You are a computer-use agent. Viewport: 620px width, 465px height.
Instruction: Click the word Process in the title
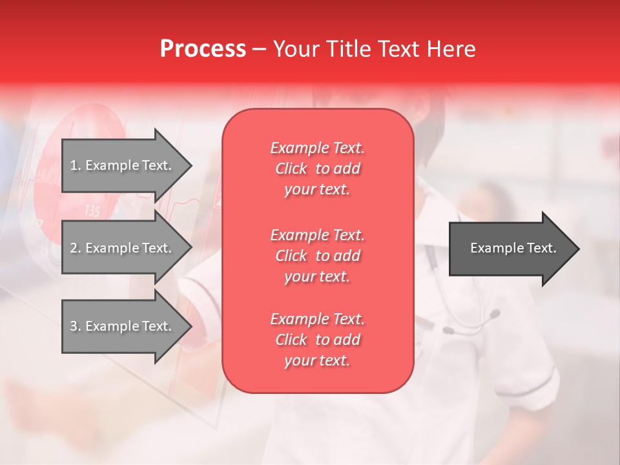(203, 49)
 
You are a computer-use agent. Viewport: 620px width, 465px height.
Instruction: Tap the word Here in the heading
(451, 49)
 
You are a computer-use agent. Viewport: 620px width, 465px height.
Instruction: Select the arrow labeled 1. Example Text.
(123, 165)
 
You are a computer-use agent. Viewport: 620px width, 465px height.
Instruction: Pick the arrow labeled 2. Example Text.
(123, 248)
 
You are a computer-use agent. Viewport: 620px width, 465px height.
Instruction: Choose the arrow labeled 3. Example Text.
(123, 326)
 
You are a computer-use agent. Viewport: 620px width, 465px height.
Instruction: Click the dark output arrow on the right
(510, 249)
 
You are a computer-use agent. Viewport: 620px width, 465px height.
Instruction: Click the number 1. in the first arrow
(76, 165)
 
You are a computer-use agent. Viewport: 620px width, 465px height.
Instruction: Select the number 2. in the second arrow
(76, 248)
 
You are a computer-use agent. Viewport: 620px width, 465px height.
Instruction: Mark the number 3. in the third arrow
(76, 326)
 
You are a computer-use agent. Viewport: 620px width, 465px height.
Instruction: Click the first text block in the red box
(317, 169)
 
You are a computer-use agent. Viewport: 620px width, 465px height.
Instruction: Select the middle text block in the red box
(317, 255)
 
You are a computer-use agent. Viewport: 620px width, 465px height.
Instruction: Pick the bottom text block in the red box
(317, 340)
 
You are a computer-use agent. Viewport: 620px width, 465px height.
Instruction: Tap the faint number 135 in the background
(92, 211)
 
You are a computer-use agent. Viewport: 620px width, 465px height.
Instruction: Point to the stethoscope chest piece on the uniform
(494, 315)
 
